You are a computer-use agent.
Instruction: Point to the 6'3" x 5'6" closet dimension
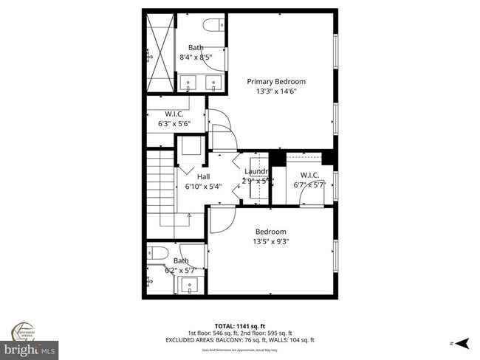(x=174, y=125)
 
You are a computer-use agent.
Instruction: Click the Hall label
(x=203, y=176)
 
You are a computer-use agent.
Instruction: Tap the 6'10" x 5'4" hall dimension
(x=203, y=187)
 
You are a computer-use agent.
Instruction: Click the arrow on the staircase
(x=189, y=215)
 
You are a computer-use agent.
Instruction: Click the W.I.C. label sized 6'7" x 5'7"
(x=309, y=175)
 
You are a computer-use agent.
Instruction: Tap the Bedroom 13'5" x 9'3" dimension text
(x=271, y=241)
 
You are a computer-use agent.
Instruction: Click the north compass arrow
(x=462, y=342)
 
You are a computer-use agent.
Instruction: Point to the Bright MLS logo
(x=30, y=347)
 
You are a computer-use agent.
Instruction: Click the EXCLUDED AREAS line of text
(x=254, y=339)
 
